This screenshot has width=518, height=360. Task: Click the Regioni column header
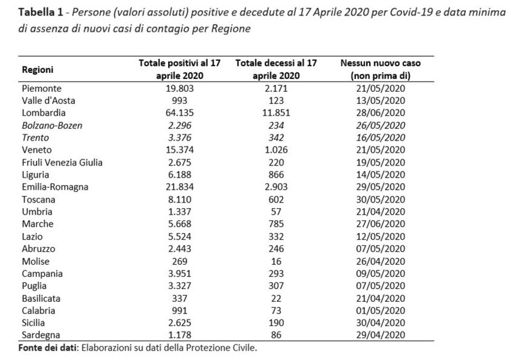(37, 70)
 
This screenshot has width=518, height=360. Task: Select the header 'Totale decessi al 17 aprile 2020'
(276, 69)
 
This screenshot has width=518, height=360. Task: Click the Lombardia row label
(44, 113)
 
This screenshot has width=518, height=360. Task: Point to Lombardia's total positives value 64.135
(180, 113)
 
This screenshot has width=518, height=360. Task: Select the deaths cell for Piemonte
(276, 88)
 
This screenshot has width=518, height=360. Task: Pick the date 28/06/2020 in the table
(381, 113)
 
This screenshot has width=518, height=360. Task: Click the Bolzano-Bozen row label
(52, 126)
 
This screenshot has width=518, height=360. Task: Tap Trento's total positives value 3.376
(180, 138)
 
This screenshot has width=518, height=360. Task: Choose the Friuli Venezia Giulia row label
(62, 163)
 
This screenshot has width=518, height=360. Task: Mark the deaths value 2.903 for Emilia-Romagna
(276, 187)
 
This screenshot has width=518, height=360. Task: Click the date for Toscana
(381, 199)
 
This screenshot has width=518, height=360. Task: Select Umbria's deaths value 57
(276, 211)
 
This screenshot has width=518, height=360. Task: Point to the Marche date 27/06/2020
(381, 224)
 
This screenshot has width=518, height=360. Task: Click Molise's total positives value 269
(180, 261)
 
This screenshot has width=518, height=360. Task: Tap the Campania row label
(43, 274)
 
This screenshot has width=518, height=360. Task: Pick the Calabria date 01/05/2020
(381, 311)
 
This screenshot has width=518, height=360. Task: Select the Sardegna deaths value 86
(276, 335)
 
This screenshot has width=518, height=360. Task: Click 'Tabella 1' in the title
(41, 12)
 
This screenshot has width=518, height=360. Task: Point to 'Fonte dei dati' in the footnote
(47, 348)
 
